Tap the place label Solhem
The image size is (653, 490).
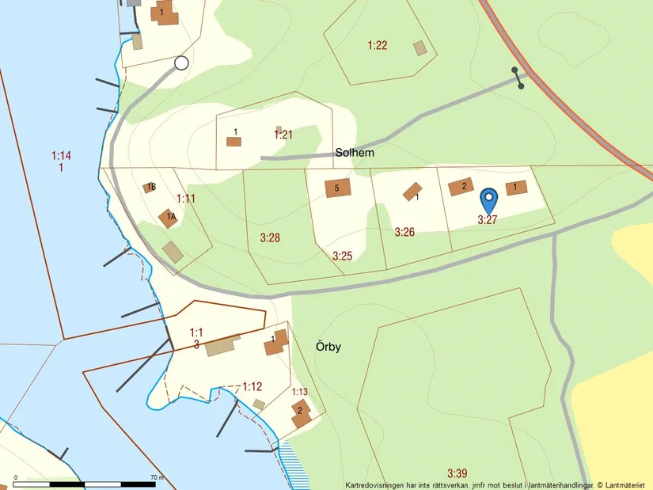point(354,153)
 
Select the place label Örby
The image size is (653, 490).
point(328,346)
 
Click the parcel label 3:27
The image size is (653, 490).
point(487,220)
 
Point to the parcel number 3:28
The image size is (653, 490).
point(270,237)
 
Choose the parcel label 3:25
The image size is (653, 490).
point(342,255)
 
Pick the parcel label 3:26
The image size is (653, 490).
point(404,232)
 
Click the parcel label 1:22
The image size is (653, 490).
point(378,45)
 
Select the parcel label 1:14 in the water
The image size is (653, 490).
point(61,155)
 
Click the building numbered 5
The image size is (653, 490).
point(337,188)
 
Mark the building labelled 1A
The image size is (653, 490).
point(168,218)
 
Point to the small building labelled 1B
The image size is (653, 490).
point(150,188)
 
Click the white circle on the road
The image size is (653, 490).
point(182,63)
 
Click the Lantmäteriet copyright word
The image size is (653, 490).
point(627,484)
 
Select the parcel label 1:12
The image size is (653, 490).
point(252,386)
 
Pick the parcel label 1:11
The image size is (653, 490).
point(185,198)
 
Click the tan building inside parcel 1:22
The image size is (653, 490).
point(420,48)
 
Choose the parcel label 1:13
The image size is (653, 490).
point(300,392)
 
